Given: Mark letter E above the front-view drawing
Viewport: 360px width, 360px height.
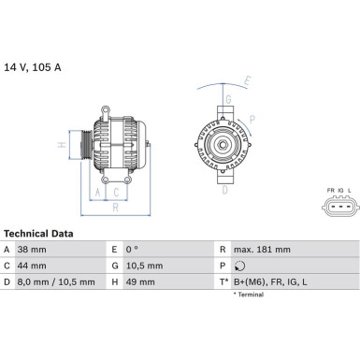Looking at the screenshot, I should (249, 81).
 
